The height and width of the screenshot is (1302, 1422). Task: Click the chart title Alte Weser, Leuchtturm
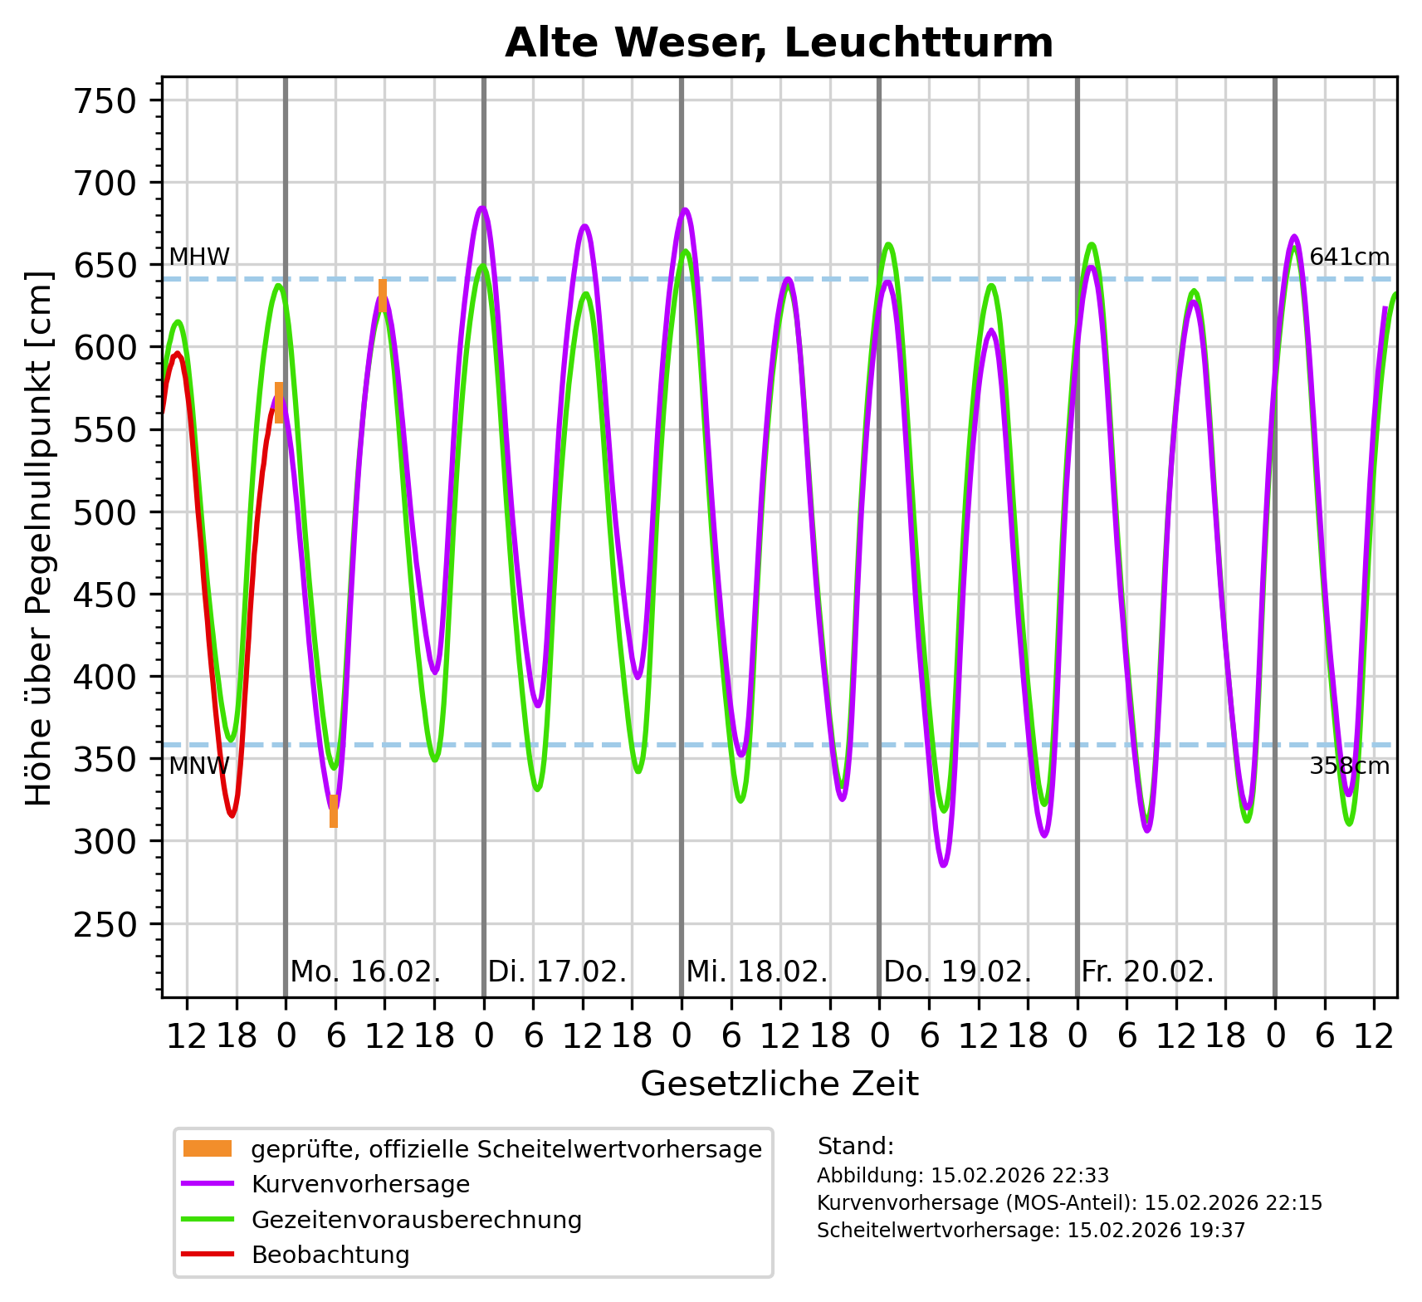pos(779,43)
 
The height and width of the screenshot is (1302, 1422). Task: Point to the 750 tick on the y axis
pos(105,101)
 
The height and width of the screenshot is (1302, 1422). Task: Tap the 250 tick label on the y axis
pos(105,924)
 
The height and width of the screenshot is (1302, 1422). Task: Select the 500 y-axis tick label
pos(105,512)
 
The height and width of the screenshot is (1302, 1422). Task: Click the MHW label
pos(199,257)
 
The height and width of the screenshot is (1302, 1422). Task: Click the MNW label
pos(198,766)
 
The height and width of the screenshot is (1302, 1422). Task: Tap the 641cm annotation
pos(1349,257)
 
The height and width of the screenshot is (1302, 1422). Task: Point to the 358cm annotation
pos(1349,766)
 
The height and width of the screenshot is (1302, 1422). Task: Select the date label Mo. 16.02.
pos(365,972)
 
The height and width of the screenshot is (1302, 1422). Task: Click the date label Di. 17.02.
pos(557,972)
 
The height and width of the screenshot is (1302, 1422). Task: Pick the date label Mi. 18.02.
pos(756,972)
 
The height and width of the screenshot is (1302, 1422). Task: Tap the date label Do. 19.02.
pos(957,972)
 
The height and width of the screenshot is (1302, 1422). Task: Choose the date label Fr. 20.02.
pos(1147,972)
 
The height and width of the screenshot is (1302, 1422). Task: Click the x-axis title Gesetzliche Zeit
pos(779,1084)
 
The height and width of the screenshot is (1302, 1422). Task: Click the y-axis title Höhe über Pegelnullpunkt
pos(39,538)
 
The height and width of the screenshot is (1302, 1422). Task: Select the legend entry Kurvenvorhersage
pos(360,1184)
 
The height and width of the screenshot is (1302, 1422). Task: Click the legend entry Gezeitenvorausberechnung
pos(416,1220)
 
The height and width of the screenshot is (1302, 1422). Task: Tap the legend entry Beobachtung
pos(330,1255)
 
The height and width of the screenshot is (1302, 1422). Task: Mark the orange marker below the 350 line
pos(334,811)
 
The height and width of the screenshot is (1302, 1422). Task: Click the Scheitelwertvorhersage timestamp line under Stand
pos(1031,1231)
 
